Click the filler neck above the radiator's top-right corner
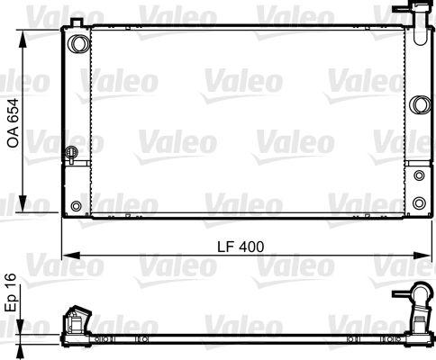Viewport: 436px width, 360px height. click(x=417, y=13)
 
